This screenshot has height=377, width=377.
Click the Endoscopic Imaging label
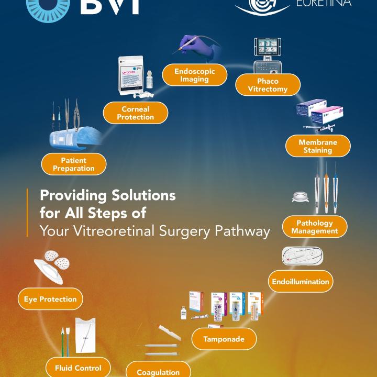tap(194, 75)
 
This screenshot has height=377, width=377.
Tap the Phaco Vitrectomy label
tap(268, 85)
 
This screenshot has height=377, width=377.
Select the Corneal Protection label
tap(135, 113)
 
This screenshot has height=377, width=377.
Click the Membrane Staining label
tap(318, 146)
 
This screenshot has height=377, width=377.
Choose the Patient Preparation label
tap(74, 164)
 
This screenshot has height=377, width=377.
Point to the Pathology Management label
tap(315, 227)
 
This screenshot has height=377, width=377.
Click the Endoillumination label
tap(301, 281)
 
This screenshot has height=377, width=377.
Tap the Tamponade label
tap(224, 339)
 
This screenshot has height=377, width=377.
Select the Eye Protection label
tap(50, 299)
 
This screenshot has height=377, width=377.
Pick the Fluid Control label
tap(78, 368)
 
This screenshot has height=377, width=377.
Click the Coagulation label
tap(158, 371)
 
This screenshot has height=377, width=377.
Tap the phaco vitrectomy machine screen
tap(268, 50)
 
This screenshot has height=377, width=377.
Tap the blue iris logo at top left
tap(47, 6)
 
